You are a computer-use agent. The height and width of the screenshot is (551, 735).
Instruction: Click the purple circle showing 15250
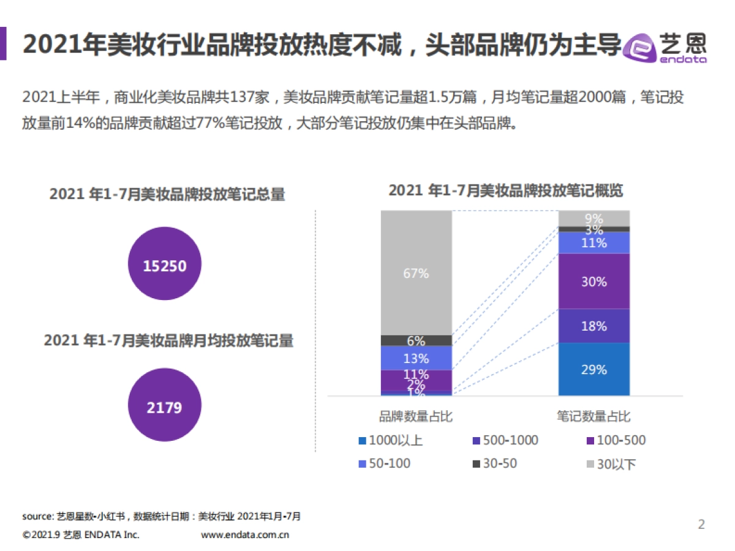tap(164, 264)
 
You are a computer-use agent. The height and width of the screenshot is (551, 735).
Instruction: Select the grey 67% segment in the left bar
tap(416, 272)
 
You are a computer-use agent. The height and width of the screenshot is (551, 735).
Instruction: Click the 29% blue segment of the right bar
tap(594, 369)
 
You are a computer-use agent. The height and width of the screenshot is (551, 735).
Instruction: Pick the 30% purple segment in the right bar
tap(594, 281)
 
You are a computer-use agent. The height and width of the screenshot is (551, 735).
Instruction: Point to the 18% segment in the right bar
tap(594, 326)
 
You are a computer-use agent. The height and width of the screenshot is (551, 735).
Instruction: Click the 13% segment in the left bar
tap(416, 358)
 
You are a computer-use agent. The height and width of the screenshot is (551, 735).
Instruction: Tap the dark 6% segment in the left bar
tap(416, 340)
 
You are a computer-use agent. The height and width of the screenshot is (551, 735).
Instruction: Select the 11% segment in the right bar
tap(594, 242)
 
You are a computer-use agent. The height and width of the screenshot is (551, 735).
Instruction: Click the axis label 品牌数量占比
tap(416, 416)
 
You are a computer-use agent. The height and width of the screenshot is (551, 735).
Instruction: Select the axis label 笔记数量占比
tap(594, 416)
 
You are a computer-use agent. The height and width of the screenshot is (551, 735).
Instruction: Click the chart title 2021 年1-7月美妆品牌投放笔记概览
tap(505, 190)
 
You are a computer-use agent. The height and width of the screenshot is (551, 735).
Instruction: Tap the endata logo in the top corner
tap(664, 46)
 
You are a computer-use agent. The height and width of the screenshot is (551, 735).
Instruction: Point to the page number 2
tap(701, 524)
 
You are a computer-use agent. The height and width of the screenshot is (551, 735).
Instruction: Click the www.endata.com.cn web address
tap(245, 534)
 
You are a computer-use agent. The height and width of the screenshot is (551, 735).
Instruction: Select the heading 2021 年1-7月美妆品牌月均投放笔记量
tap(168, 340)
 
